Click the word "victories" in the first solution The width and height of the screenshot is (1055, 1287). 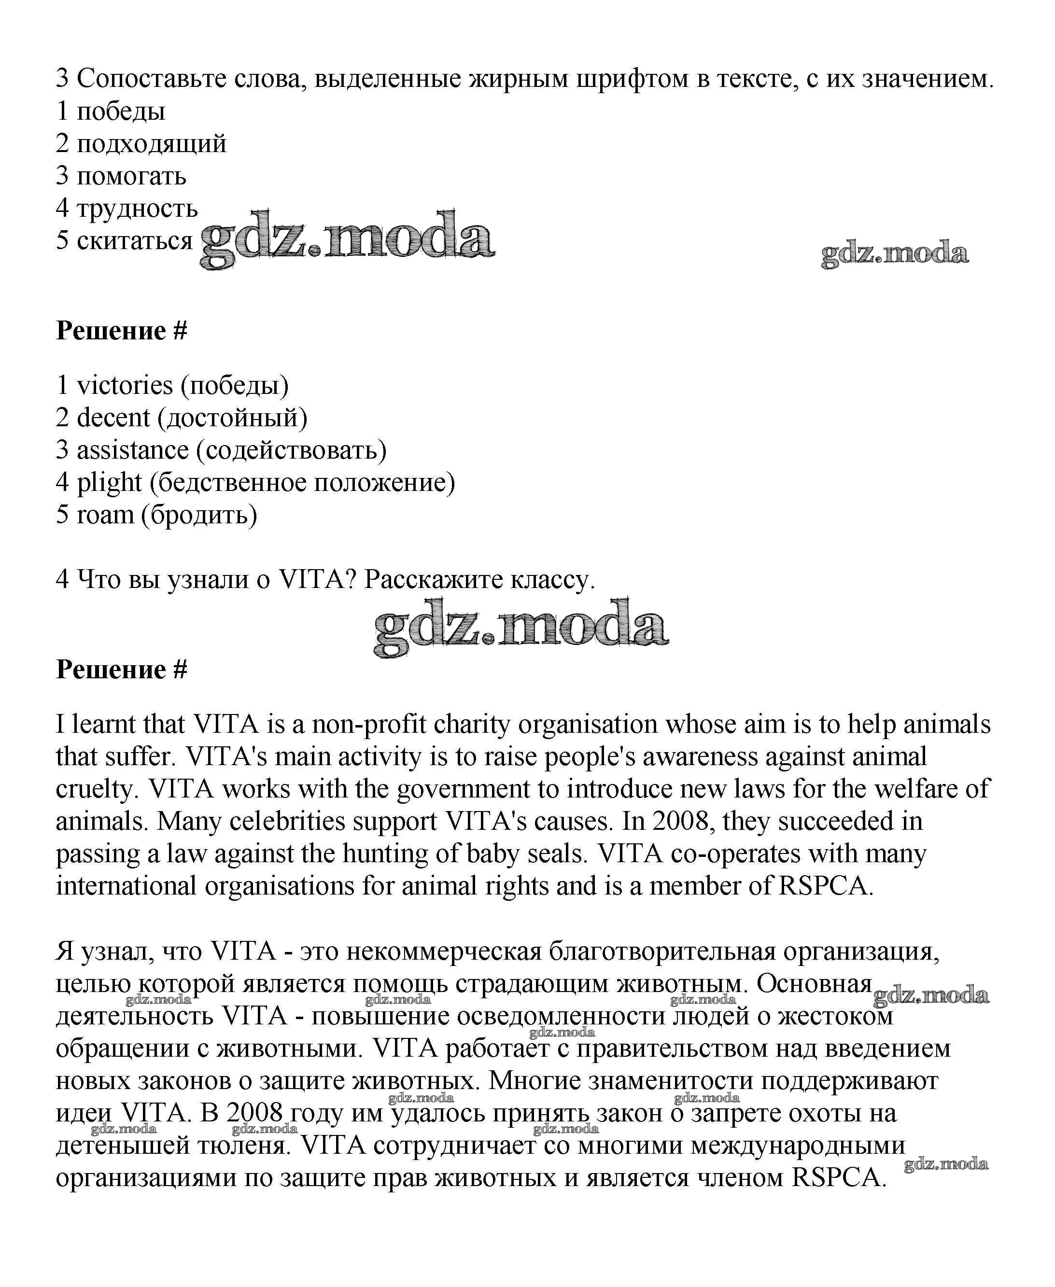point(125,386)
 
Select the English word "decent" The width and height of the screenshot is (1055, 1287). point(113,418)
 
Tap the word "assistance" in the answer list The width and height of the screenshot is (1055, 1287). point(132,450)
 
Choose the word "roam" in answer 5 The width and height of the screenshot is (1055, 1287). point(105,515)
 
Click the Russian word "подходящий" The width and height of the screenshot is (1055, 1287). point(151,144)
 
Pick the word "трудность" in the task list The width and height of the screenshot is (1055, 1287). point(137,209)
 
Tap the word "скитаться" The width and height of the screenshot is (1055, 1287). point(134,240)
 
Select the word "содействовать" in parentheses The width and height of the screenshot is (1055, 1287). point(291,450)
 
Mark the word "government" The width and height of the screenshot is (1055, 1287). point(463,789)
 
